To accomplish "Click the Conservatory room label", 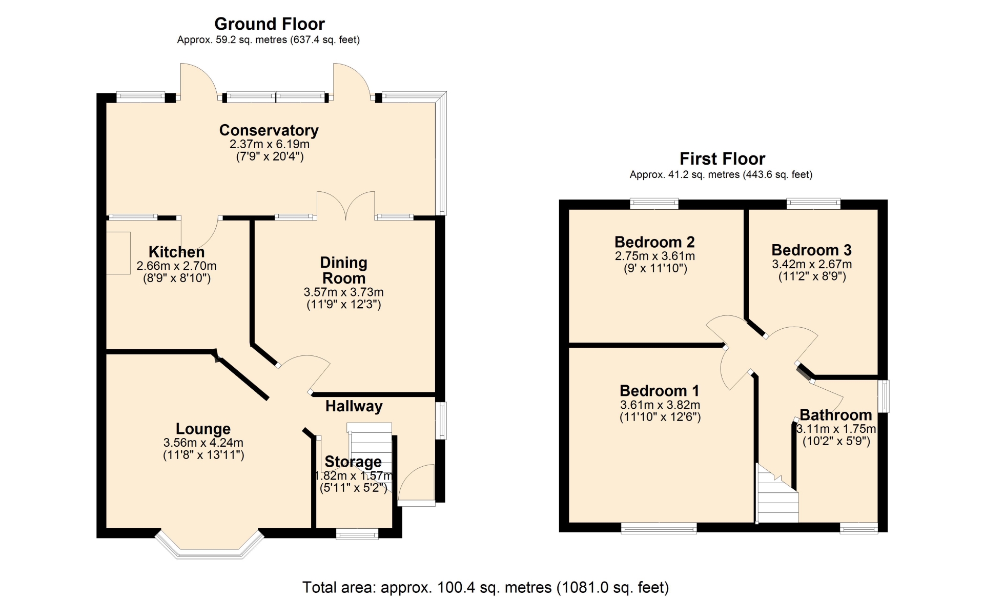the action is coord(269,130).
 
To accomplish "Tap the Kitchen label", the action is coord(177,252).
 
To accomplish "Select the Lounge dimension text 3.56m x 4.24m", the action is coord(203,443).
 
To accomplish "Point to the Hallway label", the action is coord(354,406).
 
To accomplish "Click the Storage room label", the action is coord(353,462).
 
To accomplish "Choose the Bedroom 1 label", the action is coord(660,391).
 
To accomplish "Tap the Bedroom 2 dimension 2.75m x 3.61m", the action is coord(655,256).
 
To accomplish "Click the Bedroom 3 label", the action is coord(812,250).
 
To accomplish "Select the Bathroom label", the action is coord(836,415).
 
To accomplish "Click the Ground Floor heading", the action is coord(270,24).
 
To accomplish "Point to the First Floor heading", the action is coord(723,158).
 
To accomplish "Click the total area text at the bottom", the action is coord(486,587).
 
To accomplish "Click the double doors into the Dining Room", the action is coord(346,206).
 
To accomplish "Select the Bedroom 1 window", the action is coord(659,528).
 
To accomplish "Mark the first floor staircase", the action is coord(777,493).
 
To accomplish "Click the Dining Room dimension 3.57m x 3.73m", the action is coord(344,292).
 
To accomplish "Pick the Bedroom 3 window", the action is coord(814,204).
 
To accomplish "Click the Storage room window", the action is coord(357,534).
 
